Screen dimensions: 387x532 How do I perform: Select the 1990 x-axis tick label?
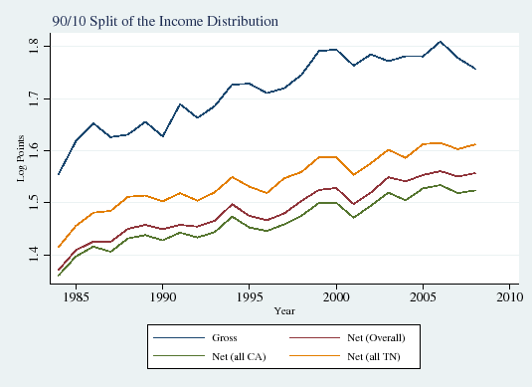(165, 296)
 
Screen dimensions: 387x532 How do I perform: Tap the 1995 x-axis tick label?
(252, 296)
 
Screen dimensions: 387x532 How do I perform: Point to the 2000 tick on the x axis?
(337, 296)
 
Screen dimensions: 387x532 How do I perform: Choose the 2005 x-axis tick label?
(424, 296)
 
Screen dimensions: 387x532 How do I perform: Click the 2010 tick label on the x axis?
(509, 296)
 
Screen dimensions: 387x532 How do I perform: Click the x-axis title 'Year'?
(284, 309)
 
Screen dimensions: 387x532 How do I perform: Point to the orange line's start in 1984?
(59, 247)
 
